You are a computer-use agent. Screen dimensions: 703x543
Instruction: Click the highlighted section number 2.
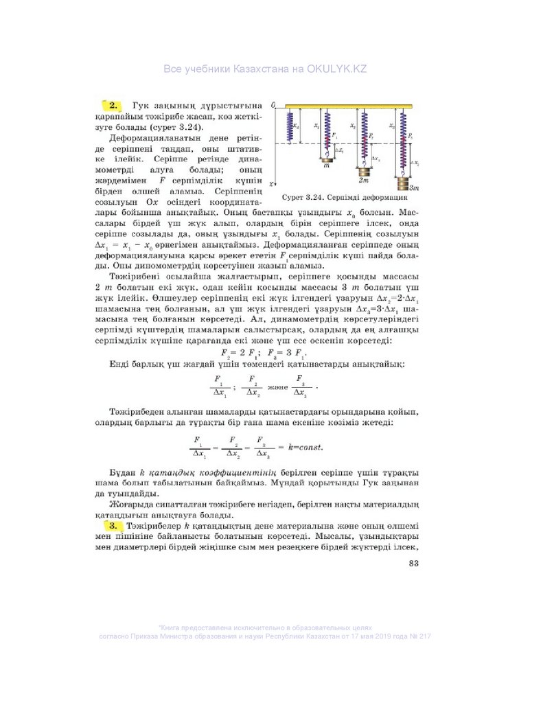point(112,105)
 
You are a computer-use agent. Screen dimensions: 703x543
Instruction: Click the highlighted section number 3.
point(112,525)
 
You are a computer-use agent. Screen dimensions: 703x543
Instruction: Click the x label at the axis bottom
point(273,184)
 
